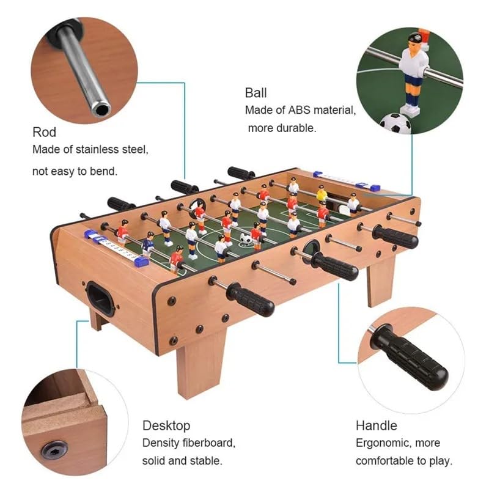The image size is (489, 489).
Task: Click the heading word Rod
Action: (44, 132)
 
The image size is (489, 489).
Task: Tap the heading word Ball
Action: (256, 93)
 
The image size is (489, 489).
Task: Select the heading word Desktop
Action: (166, 425)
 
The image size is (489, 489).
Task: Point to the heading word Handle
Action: (377, 425)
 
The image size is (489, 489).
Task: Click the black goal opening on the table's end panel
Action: (100, 298)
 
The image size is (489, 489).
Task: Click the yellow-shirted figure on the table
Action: (322, 194)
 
